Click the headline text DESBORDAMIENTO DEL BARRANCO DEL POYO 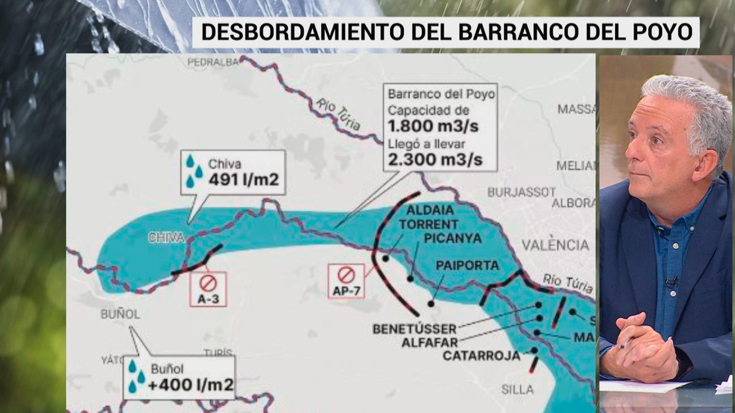pos(446,32)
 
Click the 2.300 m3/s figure pos(435,159)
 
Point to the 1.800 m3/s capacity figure pos(433,126)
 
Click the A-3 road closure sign pos(208,289)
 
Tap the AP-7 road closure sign pos(346,281)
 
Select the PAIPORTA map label pos(467,265)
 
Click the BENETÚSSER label pos(414,329)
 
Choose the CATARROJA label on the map pos(481,356)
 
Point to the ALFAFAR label pos(429,342)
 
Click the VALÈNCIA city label pos(555,245)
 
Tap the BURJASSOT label pos(521,192)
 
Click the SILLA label pos(517,389)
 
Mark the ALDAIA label pos(430,210)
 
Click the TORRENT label pos(428,224)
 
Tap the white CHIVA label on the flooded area pos(166,238)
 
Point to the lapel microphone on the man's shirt pos(671,281)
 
